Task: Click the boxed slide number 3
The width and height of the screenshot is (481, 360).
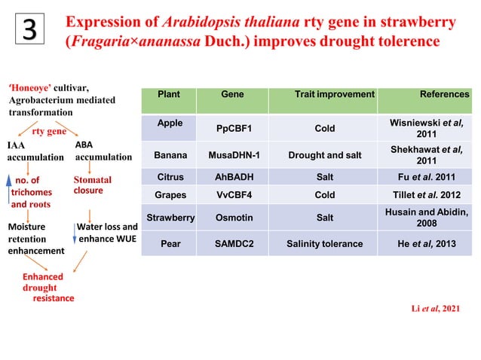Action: tap(28, 29)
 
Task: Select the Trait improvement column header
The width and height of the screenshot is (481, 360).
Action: tap(334, 95)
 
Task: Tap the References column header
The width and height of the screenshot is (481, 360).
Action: tap(444, 95)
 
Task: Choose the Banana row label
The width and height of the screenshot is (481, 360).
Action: tap(170, 156)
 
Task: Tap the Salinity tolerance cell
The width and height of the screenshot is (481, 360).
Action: tap(324, 244)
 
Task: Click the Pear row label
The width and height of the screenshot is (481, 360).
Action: tap(170, 244)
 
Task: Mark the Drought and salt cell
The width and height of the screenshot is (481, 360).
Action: tap(324, 156)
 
